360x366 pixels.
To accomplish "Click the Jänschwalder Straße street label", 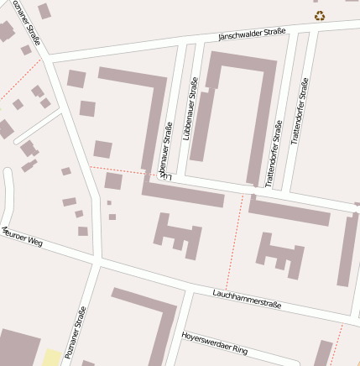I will click(251, 34).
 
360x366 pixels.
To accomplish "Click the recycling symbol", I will click(319, 15).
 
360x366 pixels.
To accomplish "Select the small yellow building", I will click(52, 358).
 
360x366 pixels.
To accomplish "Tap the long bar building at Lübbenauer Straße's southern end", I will click(183, 195).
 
